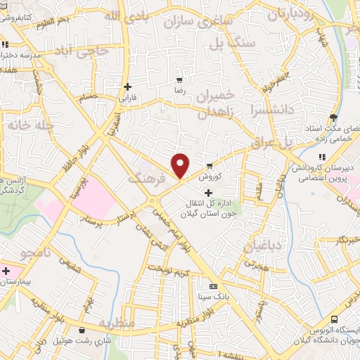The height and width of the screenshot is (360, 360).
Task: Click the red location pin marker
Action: (x=181, y=165)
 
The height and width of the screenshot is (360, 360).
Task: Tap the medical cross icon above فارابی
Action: (x=127, y=87)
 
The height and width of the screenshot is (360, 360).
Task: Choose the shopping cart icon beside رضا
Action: (x=180, y=81)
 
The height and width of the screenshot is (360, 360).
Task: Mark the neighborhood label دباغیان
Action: (x=261, y=245)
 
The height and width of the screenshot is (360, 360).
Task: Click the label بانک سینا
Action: (x=214, y=296)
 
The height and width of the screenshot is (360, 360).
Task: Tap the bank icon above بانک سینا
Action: (x=214, y=285)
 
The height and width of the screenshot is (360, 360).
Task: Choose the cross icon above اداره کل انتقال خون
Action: (x=208, y=193)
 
